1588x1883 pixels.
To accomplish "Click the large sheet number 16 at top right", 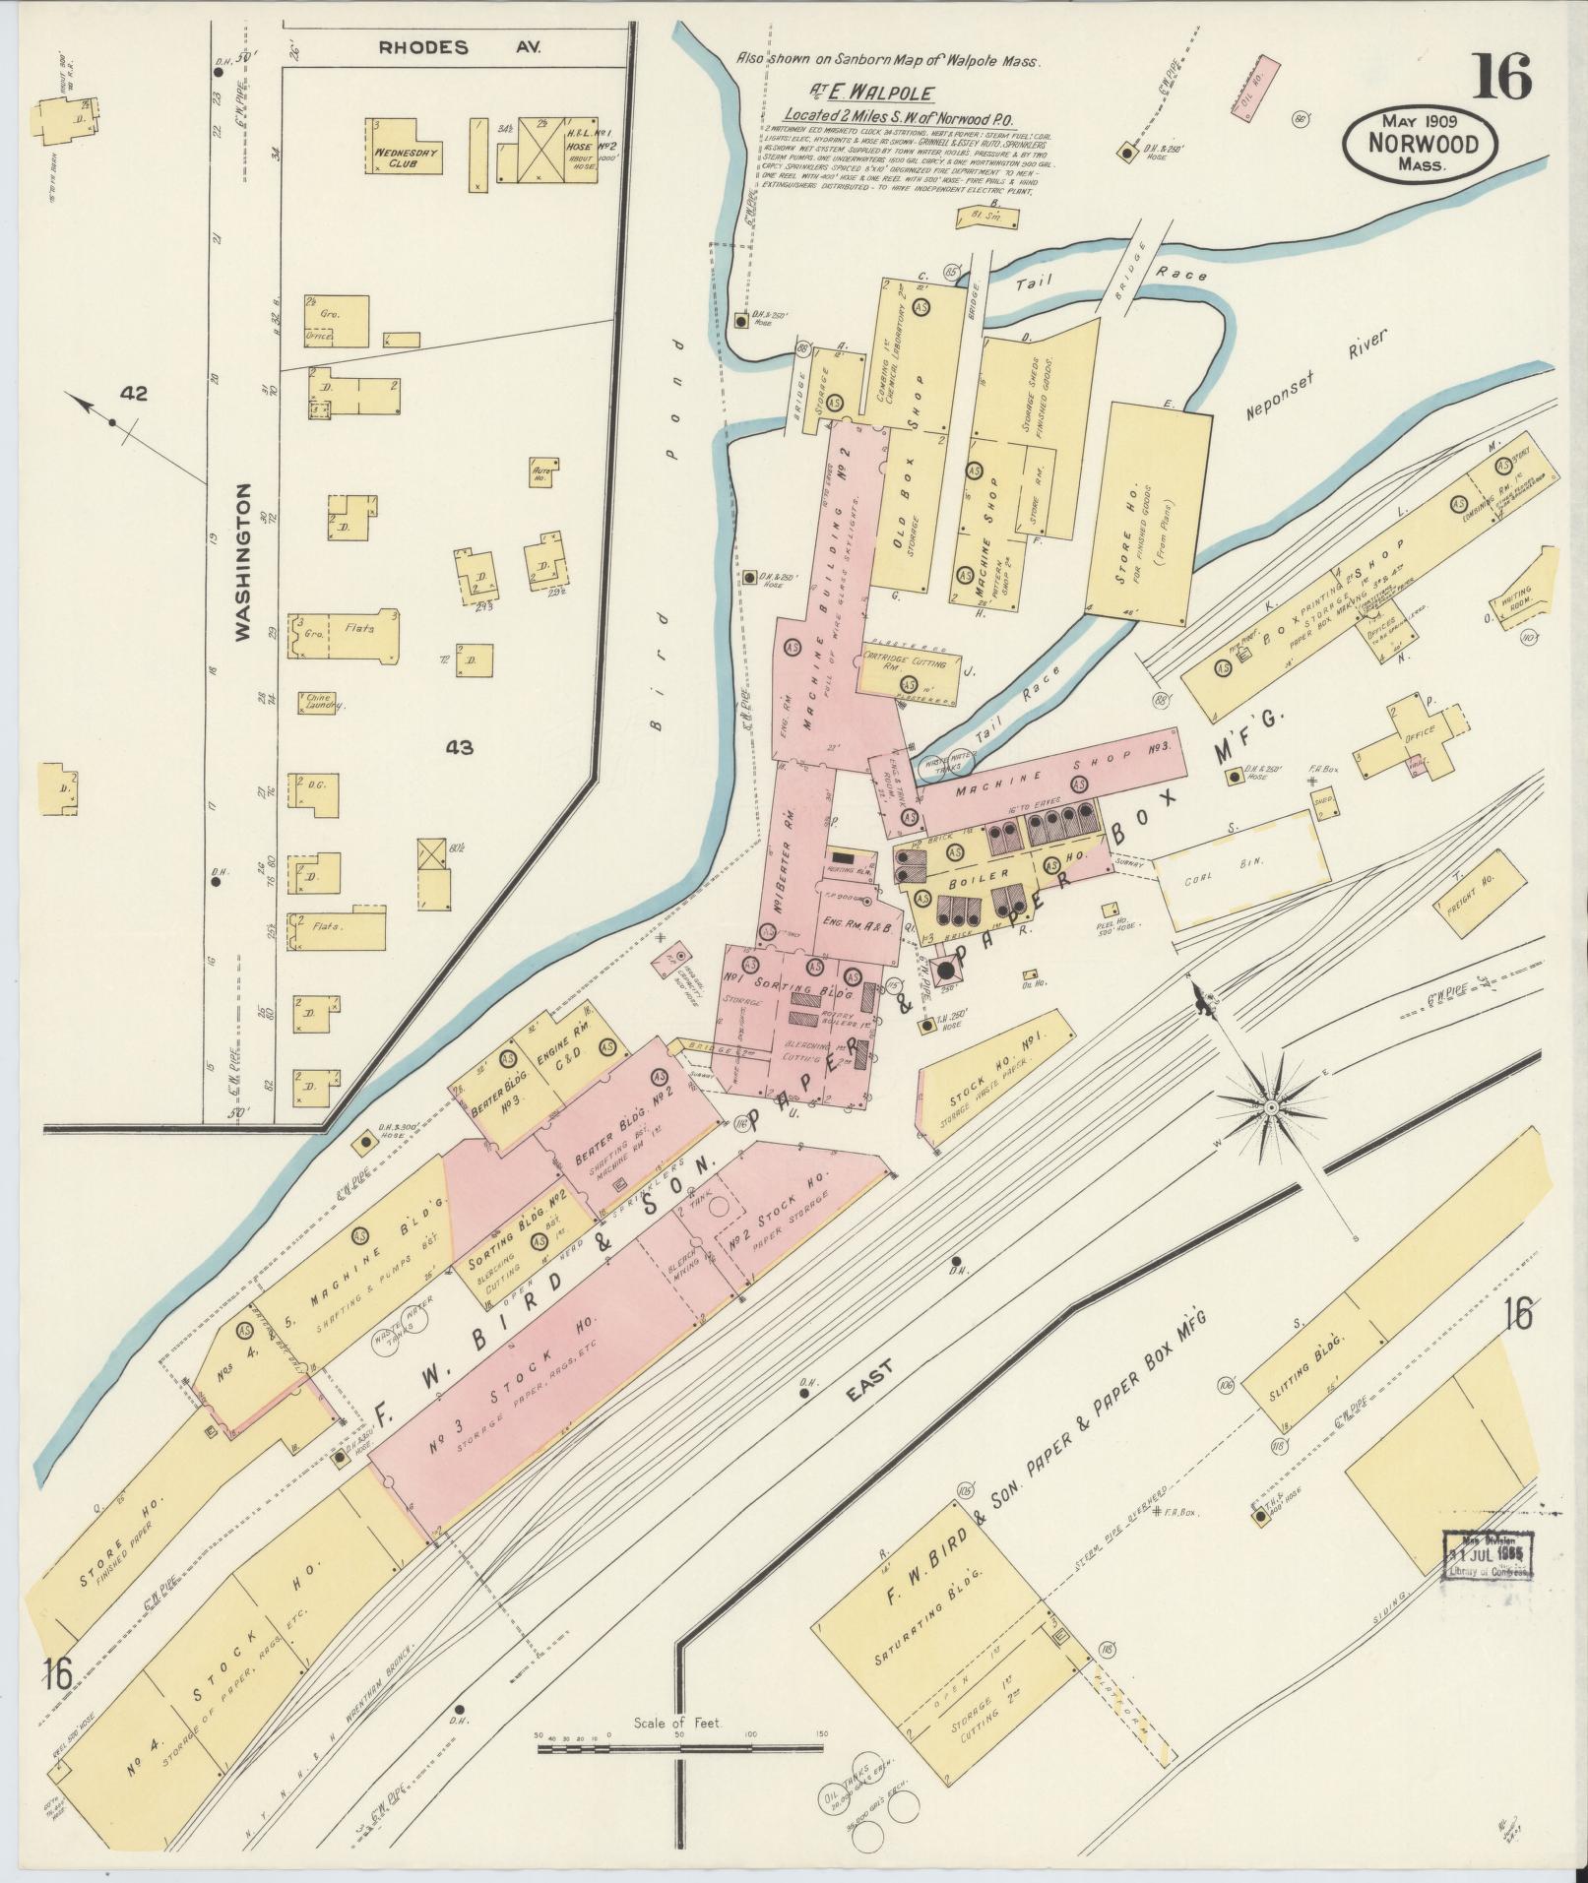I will click(1502, 77).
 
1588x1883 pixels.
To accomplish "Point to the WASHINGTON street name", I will click(243, 562).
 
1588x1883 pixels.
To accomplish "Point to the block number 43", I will click(459, 748).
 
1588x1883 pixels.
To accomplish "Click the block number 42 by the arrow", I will click(133, 394).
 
